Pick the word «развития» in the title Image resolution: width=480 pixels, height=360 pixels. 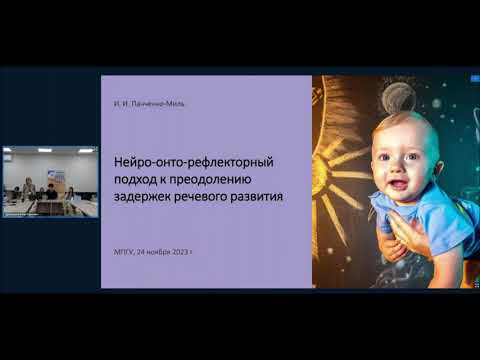(260, 197)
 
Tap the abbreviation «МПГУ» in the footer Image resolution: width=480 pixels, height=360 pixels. (123, 254)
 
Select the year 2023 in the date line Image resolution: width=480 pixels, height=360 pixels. (178, 254)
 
